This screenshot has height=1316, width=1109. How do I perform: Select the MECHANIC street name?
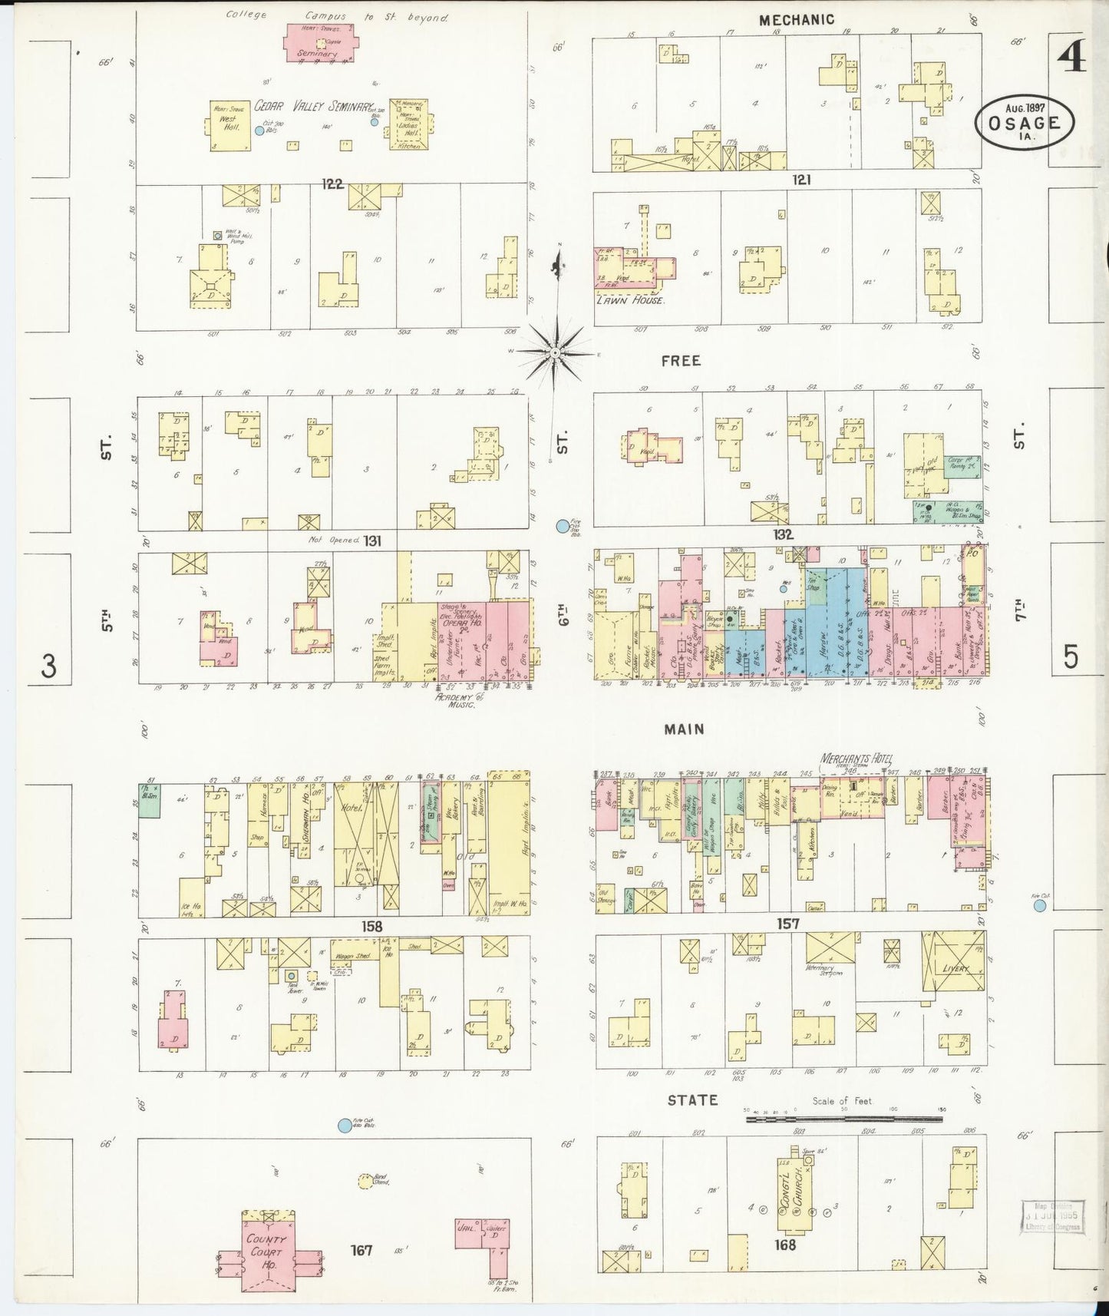click(796, 21)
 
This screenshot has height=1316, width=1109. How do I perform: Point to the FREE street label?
click(681, 360)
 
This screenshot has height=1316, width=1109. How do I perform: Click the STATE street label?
click(692, 1100)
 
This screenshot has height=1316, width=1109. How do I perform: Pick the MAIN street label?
click(684, 729)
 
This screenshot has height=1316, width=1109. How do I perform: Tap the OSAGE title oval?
click(1025, 121)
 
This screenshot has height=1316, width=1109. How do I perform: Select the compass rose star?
click(555, 353)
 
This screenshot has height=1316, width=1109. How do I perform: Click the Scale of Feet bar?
click(844, 1119)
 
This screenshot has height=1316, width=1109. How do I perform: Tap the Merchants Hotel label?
click(857, 759)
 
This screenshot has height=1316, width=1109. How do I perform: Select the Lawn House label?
click(629, 300)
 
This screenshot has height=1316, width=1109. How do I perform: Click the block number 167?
click(361, 1250)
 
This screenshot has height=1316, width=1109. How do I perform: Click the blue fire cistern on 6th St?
click(563, 526)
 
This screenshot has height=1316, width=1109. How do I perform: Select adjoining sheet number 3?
click(49, 666)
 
